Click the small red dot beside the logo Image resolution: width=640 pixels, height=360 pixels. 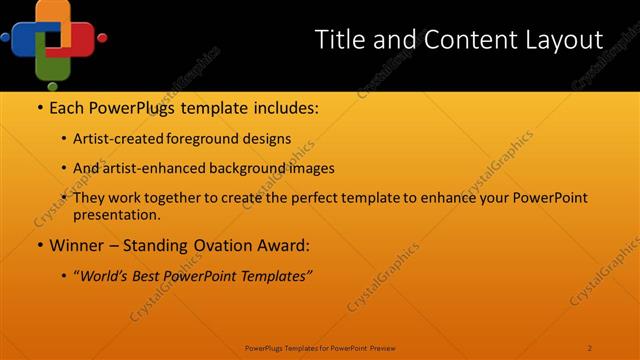coord(102,38)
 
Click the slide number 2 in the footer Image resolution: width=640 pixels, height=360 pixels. coord(590,348)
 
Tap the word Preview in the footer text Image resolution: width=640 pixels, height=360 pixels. coord(383,348)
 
